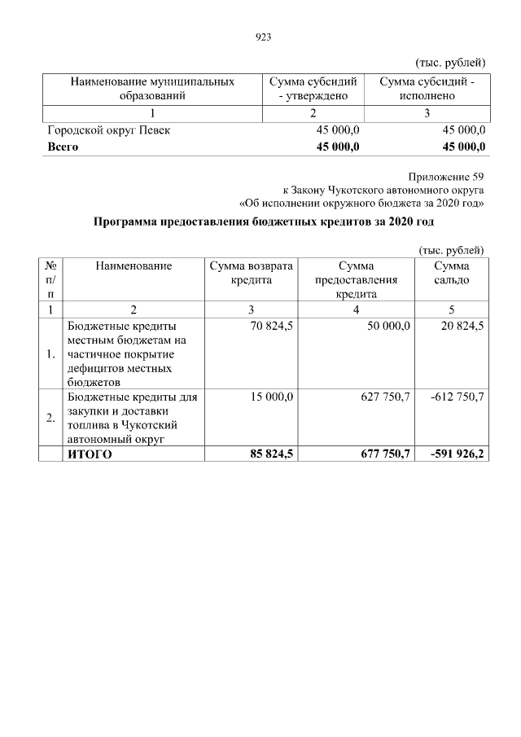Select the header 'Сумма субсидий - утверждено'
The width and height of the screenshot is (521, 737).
coord(313,89)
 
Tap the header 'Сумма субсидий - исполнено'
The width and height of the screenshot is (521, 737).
coord(427,89)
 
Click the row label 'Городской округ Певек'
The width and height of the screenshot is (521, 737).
coord(108,130)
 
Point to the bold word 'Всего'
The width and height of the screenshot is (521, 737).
coord(63,147)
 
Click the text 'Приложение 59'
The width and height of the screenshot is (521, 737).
coord(449,176)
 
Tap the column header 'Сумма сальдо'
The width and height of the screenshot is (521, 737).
coord(451,273)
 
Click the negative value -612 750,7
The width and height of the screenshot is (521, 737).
coord(456,397)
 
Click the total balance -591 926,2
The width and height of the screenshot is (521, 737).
coord(455,454)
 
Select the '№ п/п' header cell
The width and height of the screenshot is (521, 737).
coord(50,279)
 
